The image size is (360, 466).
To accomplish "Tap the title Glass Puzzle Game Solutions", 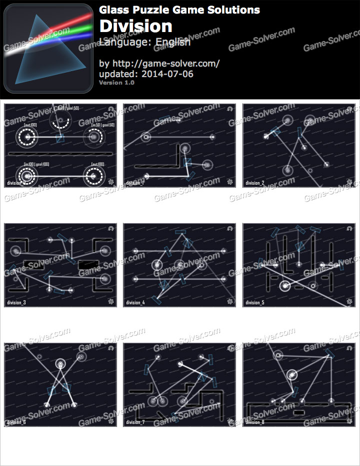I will tap(179, 10).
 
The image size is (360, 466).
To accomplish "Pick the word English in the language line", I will tap(172, 42).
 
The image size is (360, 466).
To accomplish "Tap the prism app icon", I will tap(48, 49).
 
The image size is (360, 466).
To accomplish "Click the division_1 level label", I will tap(135, 183).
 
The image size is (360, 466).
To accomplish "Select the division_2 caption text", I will tap(254, 183).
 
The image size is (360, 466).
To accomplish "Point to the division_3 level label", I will tap(16, 302).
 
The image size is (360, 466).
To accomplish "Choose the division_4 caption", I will tap(135, 302).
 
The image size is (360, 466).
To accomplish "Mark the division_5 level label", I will tap(254, 302).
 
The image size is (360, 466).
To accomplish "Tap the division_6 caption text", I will tap(16, 422).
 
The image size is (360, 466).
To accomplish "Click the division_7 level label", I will tap(135, 422).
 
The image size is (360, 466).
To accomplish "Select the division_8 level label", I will tap(254, 422).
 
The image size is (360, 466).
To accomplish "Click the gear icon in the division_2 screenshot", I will tap(349, 182).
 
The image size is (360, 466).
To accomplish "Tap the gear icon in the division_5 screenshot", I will tap(349, 301).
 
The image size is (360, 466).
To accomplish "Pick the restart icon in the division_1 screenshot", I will tap(229, 109).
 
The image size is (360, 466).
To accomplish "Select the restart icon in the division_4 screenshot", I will tap(229, 228).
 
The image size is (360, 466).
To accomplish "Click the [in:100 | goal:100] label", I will tap(36, 164).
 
